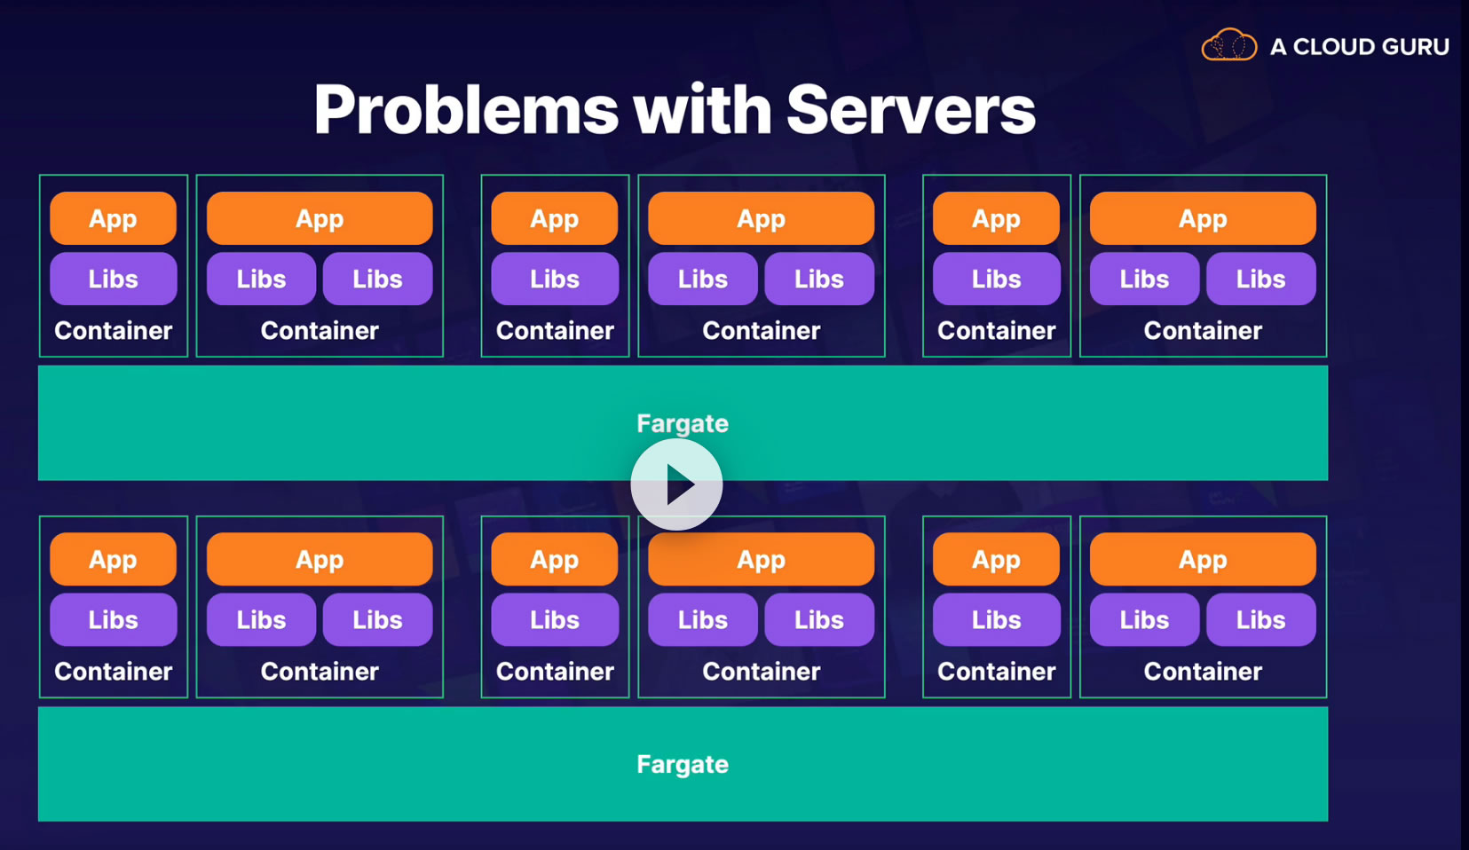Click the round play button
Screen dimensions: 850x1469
(676, 484)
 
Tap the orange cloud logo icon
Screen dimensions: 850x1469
(1229, 45)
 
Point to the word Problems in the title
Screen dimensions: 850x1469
(466, 110)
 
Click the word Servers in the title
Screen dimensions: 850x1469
(911, 110)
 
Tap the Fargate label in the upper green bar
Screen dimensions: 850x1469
(683, 423)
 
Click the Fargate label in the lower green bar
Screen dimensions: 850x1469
(683, 764)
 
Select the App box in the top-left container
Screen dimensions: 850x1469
(113, 218)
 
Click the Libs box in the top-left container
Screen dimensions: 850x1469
(113, 279)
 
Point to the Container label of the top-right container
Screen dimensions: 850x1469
(1203, 331)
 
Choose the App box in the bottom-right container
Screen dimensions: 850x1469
(1203, 560)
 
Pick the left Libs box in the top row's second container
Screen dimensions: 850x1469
(261, 279)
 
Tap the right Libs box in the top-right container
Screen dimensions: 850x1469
(1260, 279)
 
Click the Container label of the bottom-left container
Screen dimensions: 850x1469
(113, 672)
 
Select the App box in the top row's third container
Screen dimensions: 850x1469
(555, 218)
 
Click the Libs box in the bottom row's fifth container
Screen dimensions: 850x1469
(996, 619)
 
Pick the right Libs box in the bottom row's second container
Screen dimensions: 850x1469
(377, 619)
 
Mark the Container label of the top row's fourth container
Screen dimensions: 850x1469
(762, 331)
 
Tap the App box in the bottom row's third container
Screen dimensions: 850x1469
(555, 560)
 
